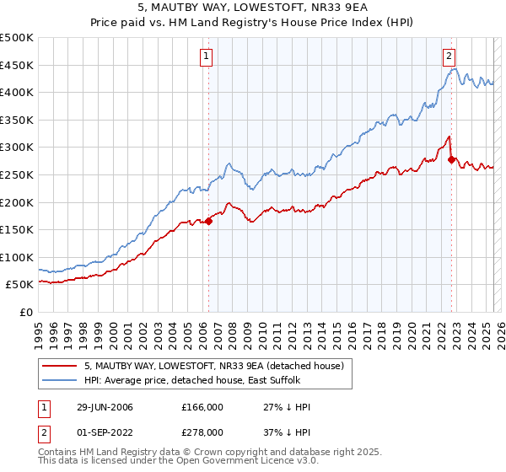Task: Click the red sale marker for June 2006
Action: coord(208,221)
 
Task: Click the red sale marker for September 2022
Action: coord(451,158)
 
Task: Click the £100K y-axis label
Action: coord(18,257)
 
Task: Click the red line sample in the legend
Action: coord(59,367)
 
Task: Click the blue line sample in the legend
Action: coord(59,381)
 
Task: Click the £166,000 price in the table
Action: coord(202,407)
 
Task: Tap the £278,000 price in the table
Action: coord(202,432)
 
